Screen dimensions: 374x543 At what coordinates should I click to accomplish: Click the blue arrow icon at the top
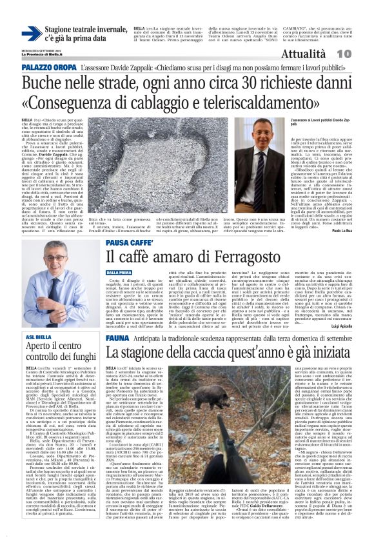coord(31,34)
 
